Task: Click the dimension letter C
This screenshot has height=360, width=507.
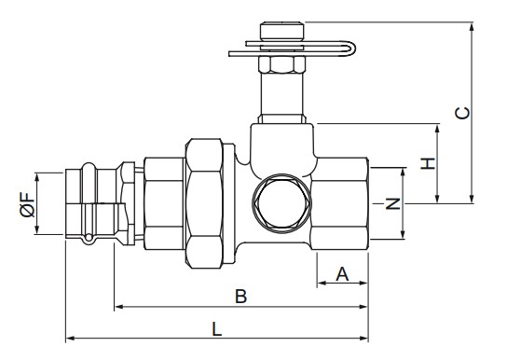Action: tap(462, 113)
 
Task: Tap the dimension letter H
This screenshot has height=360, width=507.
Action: tap(428, 163)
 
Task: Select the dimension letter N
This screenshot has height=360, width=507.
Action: tap(393, 203)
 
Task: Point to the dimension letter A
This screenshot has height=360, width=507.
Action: tap(342, 274)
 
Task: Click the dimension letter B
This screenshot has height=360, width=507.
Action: tap(240, 297)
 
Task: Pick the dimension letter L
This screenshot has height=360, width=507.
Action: tap(217, 329)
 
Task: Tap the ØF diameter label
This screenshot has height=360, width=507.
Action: tap(27, 204)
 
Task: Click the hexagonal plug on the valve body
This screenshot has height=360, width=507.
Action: tap(281, 203)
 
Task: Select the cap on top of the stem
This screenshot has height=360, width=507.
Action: tap(282, 31)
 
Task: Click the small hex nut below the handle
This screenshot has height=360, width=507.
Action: tap(282, 64)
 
